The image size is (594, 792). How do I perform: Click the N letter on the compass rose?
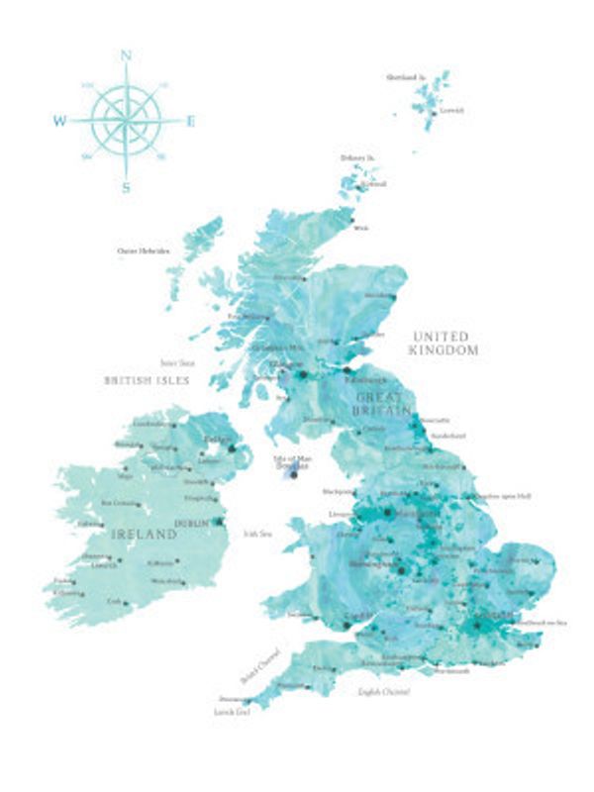pos(126,56)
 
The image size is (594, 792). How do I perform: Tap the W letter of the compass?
pos(59,122)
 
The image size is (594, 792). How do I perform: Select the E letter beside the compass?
pos(191,122)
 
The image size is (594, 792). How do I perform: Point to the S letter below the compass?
pos(126,186)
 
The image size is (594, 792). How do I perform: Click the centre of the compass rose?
pos(126,122)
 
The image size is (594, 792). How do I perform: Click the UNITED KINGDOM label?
pos(445,344)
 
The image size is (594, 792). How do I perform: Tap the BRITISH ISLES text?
pos(147,380)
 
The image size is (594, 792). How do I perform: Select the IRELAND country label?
pos(145,535)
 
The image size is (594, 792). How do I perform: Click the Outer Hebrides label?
pos(144,251)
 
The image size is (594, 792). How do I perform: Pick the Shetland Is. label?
pos(406,76)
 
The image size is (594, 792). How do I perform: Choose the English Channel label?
pos(383,690)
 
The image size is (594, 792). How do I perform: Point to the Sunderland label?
pos(448,435)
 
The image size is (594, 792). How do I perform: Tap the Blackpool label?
pos(337,491)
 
